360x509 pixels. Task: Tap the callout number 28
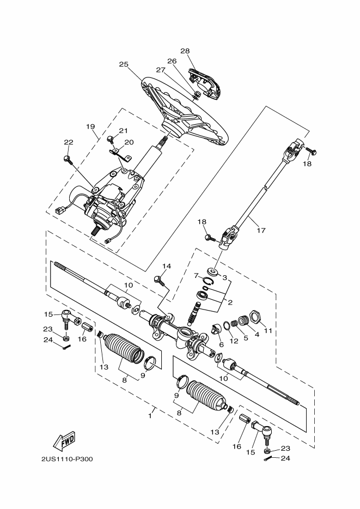pyautogui.click(x=185, y=51)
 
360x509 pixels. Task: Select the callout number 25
pyautogui.click(x=124, y=64)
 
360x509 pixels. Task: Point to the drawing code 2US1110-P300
pyautogui.click(x=66, y=458)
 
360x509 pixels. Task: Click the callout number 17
pyautogui.click(x=261, y=230)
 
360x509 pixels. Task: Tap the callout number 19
pyautogui.click(x=90, y=126)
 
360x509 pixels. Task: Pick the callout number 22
pyautogui.click(x=68, y=142)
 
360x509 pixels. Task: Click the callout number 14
pyautogui.click(x=166, y=266)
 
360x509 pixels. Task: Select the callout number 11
pyautogui.click(x=267, y=331)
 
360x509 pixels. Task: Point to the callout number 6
pyautogui.click(x=221, y=344)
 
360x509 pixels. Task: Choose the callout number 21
pyautogui.click(x=123, y=131)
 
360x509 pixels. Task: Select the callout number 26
pyautogui.click(x=172, y=61)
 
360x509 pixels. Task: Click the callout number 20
pyautogui.click(x=129, y=142)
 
